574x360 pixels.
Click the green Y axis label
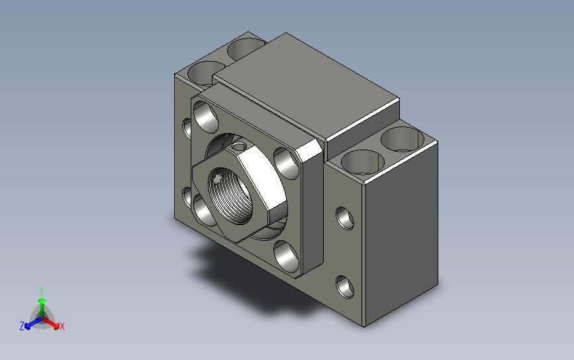tap(42, 291)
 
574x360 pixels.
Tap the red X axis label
tap(62, 326)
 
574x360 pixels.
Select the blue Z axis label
tap(22, 326)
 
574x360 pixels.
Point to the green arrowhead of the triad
tap(42, 300)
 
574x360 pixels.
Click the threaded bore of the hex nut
tap(230, 196)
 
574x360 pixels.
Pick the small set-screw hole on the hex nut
tap(240, 147)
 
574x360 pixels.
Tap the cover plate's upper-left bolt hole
tap(205, 117)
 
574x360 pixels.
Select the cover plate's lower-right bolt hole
tap(286, 257)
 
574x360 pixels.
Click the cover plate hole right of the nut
tap(286, 163)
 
